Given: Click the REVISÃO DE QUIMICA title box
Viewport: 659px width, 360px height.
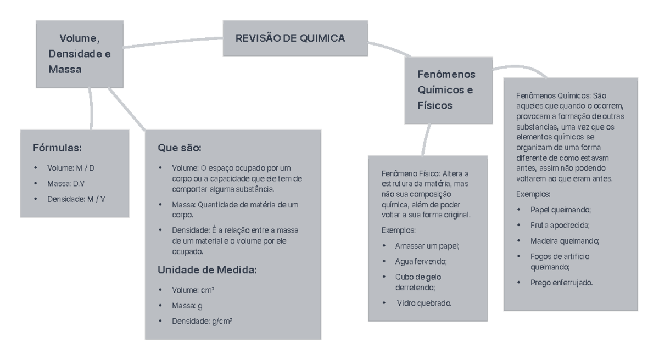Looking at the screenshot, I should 291,38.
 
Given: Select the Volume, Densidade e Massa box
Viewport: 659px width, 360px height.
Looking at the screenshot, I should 80,54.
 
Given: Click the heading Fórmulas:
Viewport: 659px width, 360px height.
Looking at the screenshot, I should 58,148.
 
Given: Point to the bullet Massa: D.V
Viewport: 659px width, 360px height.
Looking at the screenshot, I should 64,183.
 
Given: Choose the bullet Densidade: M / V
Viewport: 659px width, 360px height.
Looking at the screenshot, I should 76,199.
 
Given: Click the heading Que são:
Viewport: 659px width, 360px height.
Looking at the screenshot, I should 180,148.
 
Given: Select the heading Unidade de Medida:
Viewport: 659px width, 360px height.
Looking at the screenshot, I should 207,270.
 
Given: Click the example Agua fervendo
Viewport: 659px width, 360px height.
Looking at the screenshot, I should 421,261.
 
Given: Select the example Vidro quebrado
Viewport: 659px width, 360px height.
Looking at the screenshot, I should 424,303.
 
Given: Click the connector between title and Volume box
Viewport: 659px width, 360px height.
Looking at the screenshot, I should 173,42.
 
